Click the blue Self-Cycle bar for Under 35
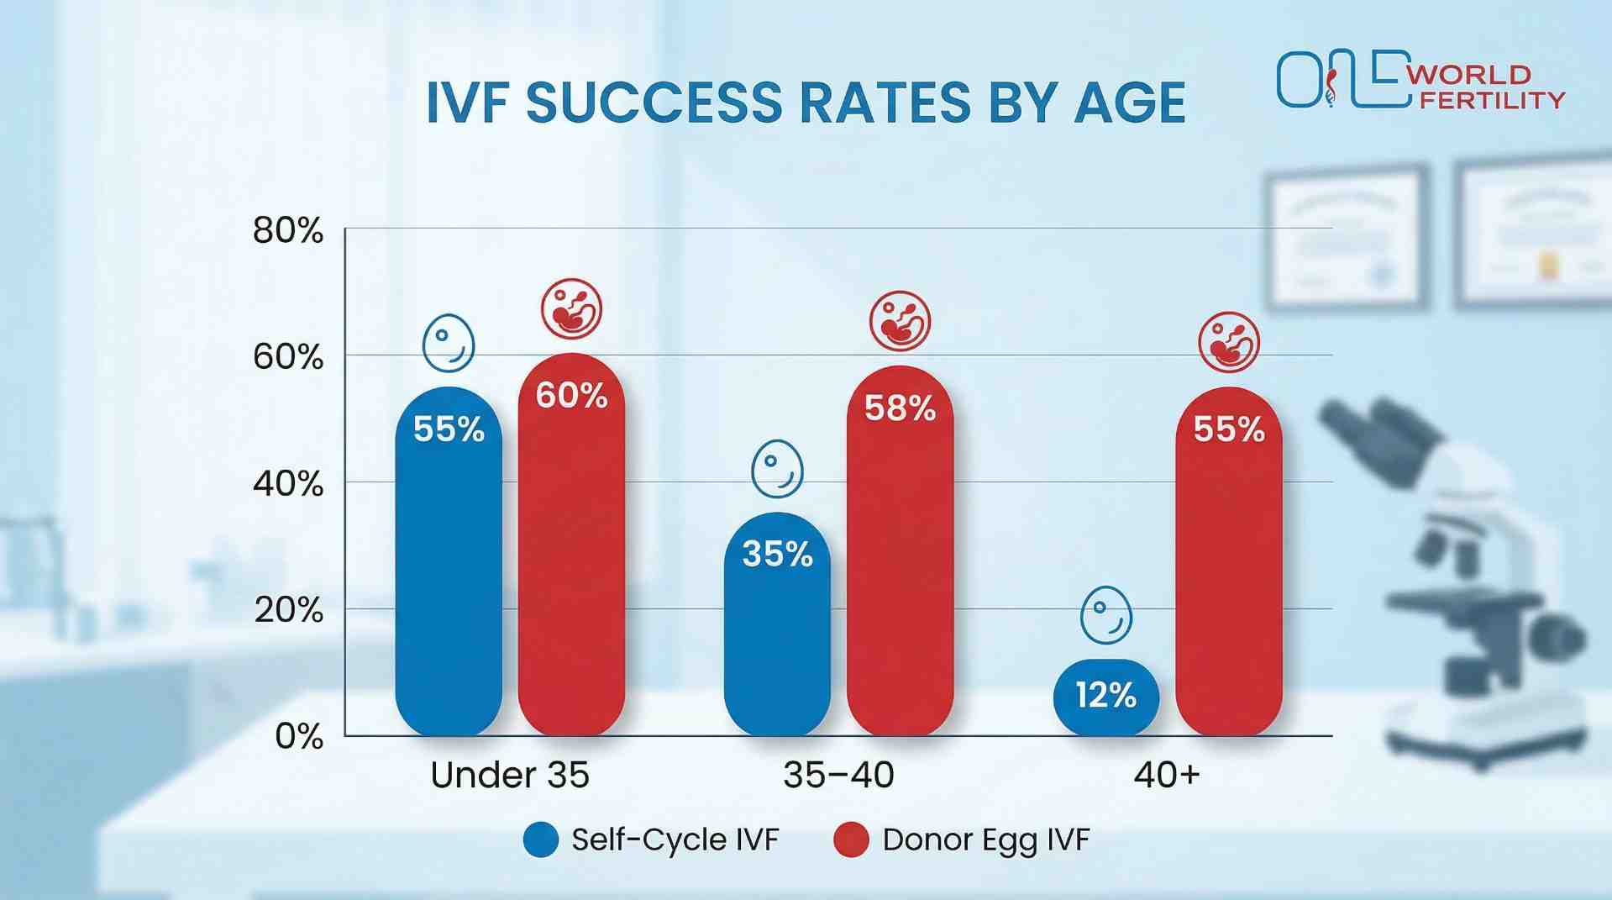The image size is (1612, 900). point(449,563)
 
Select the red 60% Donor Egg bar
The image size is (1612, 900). point(571,546)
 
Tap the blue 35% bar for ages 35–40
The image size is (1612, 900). point(777,626)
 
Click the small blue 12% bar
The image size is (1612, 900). point(1105,697)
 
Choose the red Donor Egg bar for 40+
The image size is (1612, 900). point(1228,563)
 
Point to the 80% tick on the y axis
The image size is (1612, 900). point(288,230)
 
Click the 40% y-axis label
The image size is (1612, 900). point(288,484)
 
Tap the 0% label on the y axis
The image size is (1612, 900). point(299,737)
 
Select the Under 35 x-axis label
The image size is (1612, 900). point(509,775)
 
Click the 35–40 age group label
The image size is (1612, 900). point(838,775)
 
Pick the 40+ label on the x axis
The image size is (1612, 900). point(1167,775)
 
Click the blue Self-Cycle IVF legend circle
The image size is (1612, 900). point(541,839)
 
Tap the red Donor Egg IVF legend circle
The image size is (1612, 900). point(850,839)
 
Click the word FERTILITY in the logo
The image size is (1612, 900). point(1492,100)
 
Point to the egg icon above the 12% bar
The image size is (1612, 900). point(1105,616)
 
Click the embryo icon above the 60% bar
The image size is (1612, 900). point(571,309)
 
